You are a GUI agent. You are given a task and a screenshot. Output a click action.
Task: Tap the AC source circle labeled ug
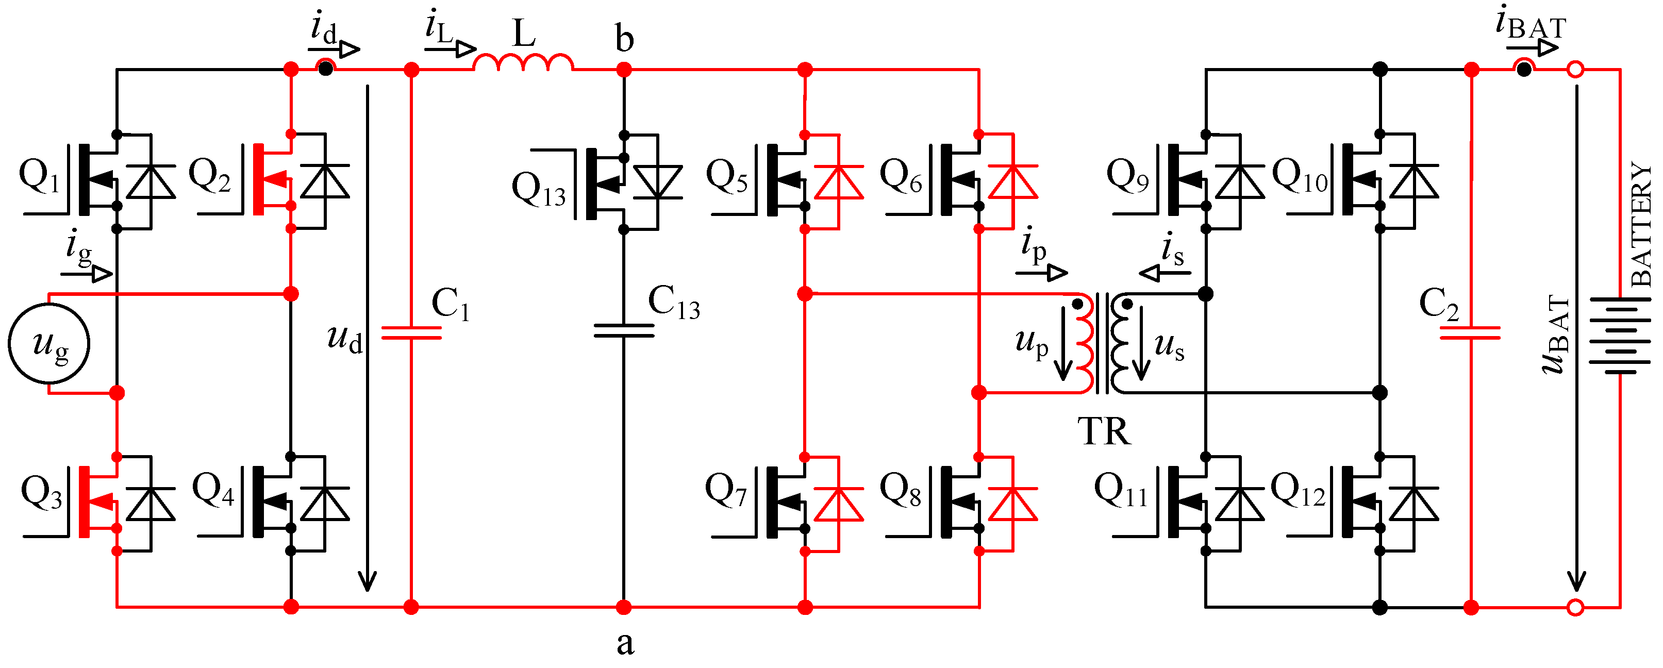(49, 343)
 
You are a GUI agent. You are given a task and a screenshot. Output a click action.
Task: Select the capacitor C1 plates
(411, 332)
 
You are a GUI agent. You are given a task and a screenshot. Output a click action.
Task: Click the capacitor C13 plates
(624, 330)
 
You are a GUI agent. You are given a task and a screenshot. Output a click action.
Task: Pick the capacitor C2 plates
(1471, 332)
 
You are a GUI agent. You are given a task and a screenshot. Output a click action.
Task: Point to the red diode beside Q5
(839, 182)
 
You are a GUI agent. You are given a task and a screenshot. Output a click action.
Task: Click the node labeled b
(624, 69)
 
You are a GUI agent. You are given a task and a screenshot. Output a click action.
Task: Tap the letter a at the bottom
(625, 643)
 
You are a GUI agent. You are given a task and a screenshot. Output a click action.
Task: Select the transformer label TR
(1104, 431)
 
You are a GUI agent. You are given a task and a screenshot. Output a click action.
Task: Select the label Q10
(1300, 176)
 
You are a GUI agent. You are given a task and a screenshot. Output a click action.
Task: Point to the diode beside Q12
(1414, 505)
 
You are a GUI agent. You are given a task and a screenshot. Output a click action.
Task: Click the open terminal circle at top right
(1575, 69)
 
